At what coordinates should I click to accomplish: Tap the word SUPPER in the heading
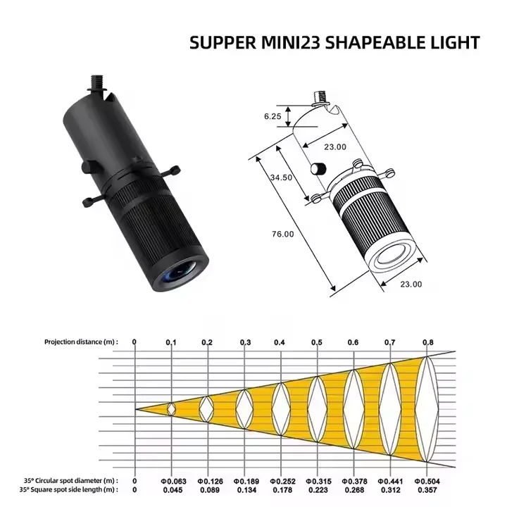223,43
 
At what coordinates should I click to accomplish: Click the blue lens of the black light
182,273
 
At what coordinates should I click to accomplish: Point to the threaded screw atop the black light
97,83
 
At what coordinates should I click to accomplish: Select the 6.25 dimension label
273,116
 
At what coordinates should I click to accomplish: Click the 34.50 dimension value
281,177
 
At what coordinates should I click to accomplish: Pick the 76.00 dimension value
282,234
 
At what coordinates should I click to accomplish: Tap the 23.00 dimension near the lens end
411,284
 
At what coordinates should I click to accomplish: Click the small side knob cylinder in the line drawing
318,169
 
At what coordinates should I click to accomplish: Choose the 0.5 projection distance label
317,342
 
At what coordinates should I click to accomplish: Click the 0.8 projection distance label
428,342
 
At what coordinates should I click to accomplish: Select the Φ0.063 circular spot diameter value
173,481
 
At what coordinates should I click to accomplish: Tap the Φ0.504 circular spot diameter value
427,481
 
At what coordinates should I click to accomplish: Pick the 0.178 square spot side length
282,490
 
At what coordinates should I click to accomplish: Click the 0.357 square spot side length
427,490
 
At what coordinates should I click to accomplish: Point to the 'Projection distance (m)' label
81,342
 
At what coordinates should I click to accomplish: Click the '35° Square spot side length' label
68,489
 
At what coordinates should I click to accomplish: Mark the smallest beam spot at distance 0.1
171,409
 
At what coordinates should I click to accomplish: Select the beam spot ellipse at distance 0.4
281,409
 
